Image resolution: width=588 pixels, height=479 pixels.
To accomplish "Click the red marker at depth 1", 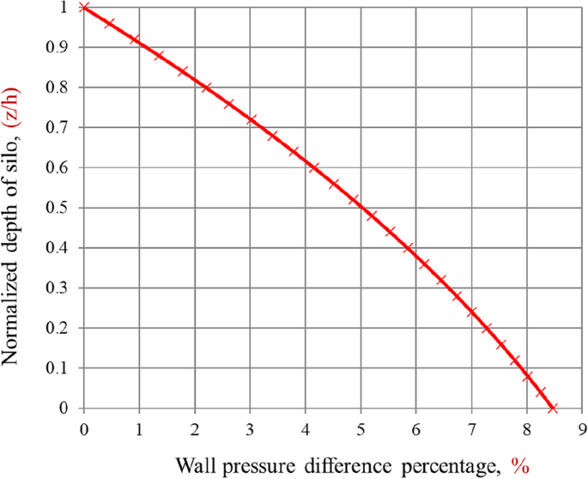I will [84, 8].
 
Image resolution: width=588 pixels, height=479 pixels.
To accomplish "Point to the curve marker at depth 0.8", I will [206, 88].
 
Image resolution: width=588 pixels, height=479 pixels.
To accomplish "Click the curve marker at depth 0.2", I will [487, 328].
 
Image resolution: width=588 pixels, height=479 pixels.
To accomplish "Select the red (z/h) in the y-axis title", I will [15, 108].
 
